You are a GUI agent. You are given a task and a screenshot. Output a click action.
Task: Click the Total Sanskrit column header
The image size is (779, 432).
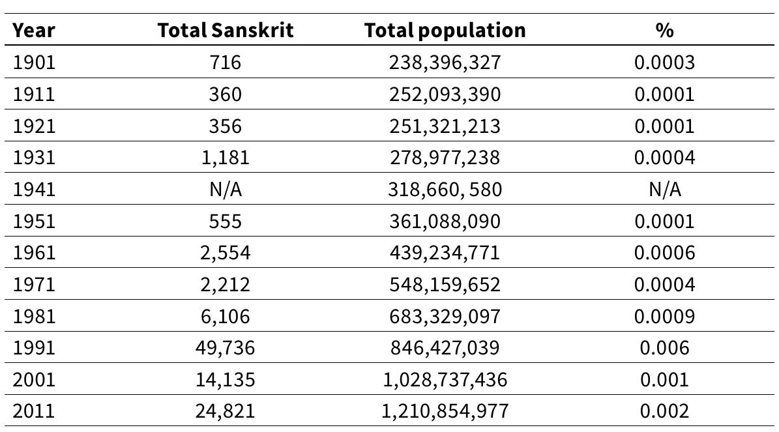pyautogui.click(x=225, y=30)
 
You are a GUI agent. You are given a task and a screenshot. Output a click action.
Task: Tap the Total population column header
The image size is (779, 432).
pyautogui.click(x=445, y=30)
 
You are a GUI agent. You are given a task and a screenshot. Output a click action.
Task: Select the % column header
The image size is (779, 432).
pyautogui.click(x=664, y=30)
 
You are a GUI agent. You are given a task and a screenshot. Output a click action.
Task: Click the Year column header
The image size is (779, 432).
pyautogui.click(x=34, y=30)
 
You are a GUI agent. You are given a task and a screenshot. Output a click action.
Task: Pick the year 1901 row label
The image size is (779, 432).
pyautogui.click(x=34, y=63)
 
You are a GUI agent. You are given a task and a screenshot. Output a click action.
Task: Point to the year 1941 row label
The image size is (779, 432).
pyautogui.click(x=34, y=190)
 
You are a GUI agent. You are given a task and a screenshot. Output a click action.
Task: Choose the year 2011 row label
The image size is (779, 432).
pyautogui.click(x=34, y=411)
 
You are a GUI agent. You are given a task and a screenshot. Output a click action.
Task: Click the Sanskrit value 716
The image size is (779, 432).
pyautogui.click(x=225, y=63)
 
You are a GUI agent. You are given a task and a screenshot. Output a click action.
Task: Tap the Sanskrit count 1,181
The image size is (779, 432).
pyautogui.click(x=225, y=158)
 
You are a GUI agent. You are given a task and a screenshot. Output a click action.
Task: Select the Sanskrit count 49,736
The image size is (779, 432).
pyautogui.click(x=225, y=348)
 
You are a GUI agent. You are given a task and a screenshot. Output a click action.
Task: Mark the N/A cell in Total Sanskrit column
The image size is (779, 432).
pyautogui.click(x=225, y=190)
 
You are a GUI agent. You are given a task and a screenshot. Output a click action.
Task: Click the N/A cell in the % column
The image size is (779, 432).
pyautogui.click(x=664, y=190)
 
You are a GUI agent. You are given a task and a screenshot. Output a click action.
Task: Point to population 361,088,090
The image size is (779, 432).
pyautogui.click(x=445, y=221)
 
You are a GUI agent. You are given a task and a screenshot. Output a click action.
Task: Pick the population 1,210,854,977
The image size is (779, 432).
pyautogui.click(x=445, y=411)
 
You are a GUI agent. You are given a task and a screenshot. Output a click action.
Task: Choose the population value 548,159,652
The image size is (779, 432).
pyautogui.click(x=445, y=285)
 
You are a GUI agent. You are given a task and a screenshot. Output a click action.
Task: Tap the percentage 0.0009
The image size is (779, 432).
pyautogui.click(x=664, y=317)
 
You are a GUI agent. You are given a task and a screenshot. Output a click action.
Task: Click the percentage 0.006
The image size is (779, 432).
pyautogui.click(x=664, y=348)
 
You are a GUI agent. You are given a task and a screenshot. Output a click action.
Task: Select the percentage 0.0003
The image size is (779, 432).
pyautogui.click(x=664, y=63)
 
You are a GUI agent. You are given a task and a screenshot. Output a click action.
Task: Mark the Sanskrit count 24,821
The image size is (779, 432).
pyautogui.click(x=225, y=411)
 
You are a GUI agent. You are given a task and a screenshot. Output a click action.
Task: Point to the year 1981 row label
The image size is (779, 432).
pyautogui.click(x=34, y=317)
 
